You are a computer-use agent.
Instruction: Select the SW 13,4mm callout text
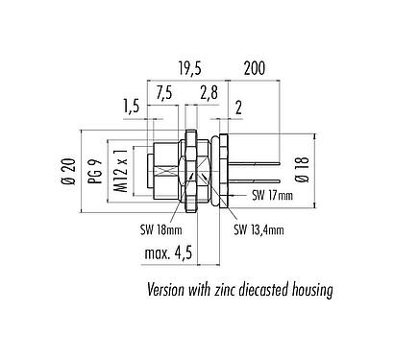pyautogui.click(x=260, y=230)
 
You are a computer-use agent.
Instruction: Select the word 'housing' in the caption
pyautogui.click(x=308, y=289)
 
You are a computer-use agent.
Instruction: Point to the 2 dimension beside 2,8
pyautogui.click(x=237, y=108)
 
